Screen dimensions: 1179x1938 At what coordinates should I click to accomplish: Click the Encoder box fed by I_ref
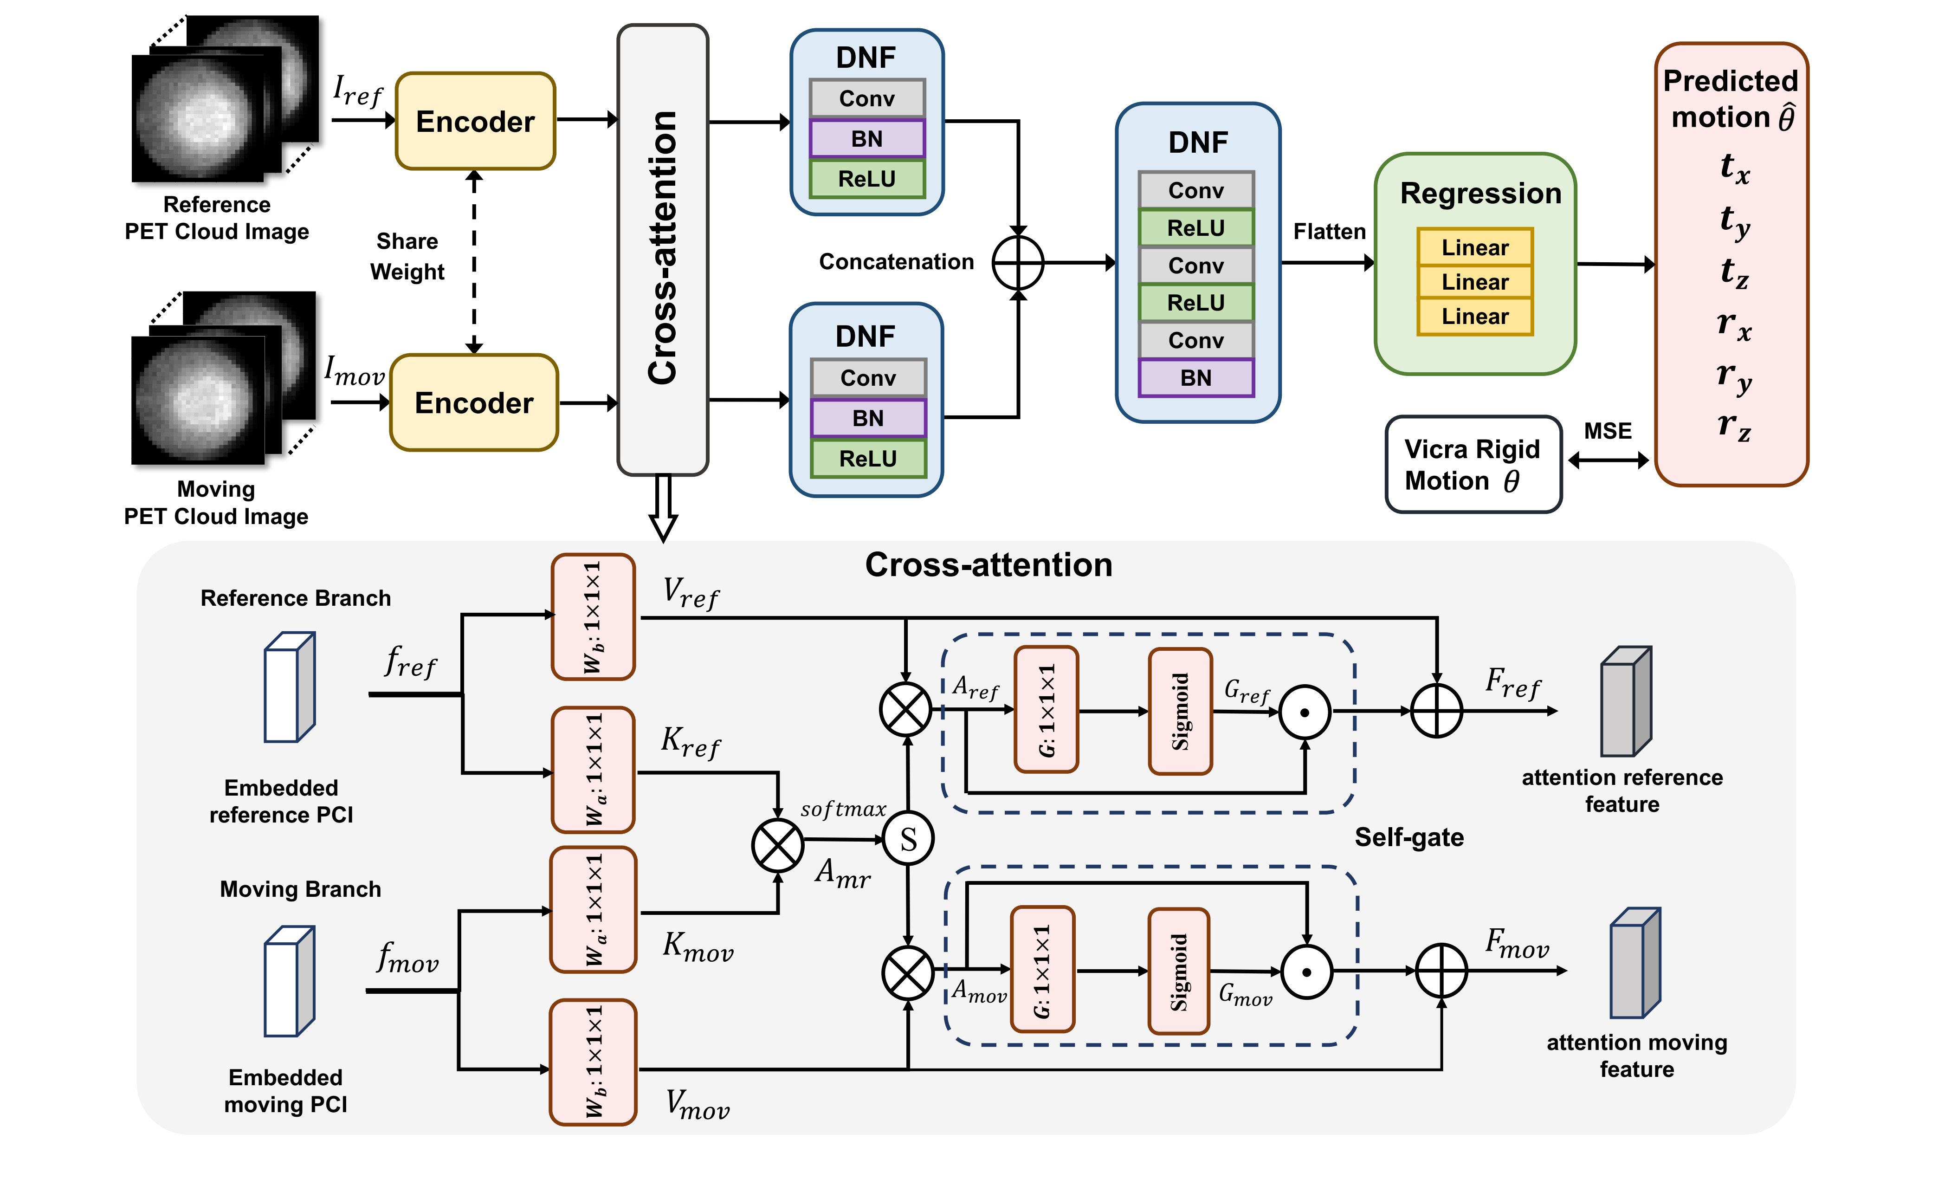click(475, 121)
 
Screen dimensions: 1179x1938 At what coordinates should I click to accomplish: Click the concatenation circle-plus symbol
click(1018, 263)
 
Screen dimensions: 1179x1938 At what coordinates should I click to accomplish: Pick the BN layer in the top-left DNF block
click(867, 139)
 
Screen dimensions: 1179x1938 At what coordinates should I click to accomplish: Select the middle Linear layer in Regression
click(1475, 282)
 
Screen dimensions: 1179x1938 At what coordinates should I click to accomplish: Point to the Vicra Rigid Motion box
click(1473, 465)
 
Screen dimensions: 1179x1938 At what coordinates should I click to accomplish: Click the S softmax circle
click(909, 839)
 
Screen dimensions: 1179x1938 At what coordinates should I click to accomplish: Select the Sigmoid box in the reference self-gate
click(1180, 711)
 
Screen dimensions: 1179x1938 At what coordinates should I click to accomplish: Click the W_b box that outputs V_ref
click(593, 616)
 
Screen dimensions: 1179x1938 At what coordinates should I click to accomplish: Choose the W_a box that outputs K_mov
click(593, 909)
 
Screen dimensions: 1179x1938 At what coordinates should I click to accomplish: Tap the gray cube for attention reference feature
click(1625, 701)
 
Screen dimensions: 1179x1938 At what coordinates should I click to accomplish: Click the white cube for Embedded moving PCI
click(289, 982)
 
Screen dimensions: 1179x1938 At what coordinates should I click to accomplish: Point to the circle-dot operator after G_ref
click(1305, 712)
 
